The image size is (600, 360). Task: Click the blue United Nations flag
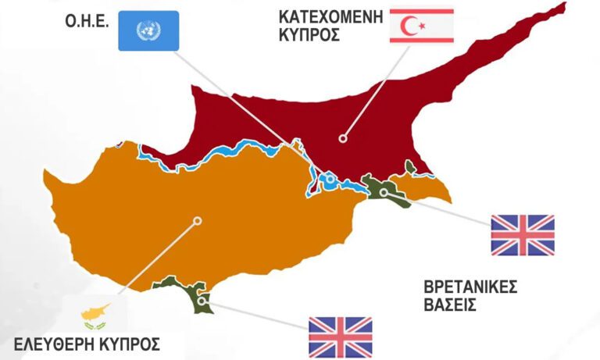click(x=148, y=30)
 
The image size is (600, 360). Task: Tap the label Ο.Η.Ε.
click(x=87, y=22)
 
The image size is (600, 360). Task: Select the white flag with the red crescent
click(x=421, y=27)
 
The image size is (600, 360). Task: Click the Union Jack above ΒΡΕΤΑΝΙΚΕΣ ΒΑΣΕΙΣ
click(x=522, y=235)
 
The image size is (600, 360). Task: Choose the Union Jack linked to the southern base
click(x=340, y=337)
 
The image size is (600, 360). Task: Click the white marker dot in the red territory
click(x=341, y=139)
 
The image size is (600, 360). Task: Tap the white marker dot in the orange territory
click(x=198, y=221)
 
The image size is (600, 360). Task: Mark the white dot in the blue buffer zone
click(x=330, y=180)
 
